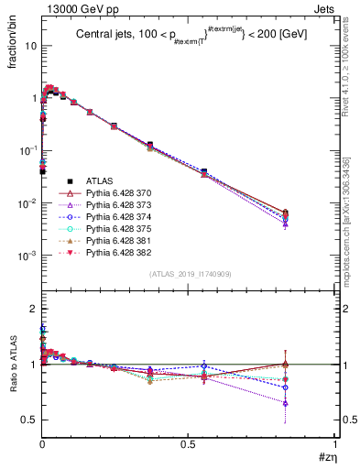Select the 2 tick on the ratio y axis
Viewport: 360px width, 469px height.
pos(33,309)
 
